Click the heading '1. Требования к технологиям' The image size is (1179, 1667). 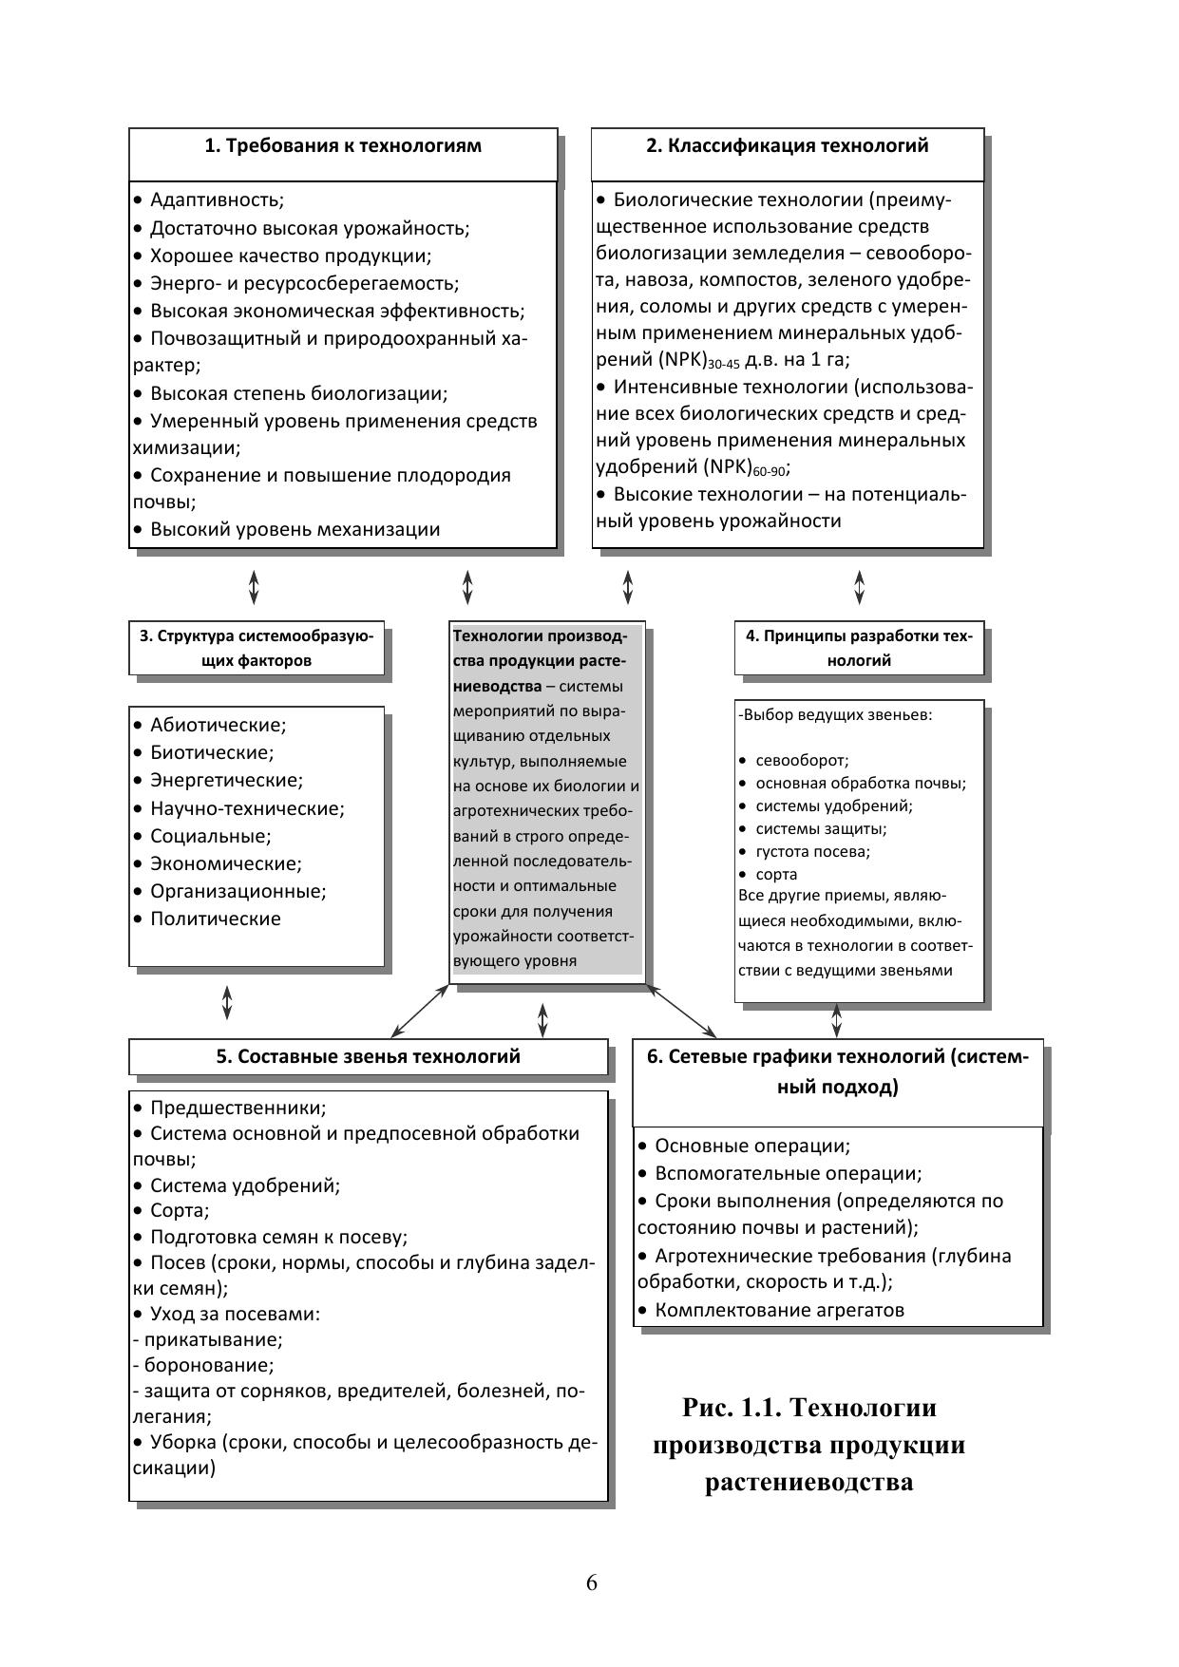pos(343,146)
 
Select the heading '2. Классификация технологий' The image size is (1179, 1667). pos(788,146)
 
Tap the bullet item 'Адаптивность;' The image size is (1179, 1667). pos(217,200)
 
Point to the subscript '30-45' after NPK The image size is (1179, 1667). pos(724,365)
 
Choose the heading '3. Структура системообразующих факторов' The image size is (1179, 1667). pos(257,648)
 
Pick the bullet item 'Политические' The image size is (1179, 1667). pos(215,919)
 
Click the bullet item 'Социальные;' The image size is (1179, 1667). pos(210,837)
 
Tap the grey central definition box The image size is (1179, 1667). pos(546,798)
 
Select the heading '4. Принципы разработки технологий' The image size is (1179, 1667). pos(859,648)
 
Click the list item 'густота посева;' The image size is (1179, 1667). pos(812,852)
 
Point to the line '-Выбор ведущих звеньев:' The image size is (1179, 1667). pos(835,715)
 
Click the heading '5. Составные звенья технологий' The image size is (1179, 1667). pos(368,1056)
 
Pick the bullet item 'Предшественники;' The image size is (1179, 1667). pos(238,1108)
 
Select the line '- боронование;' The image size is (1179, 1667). pos(203,1366)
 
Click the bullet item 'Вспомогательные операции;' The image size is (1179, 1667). pos(788,1174)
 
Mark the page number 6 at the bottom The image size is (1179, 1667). pos(591,1582)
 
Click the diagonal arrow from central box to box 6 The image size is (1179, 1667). pos(681,1011)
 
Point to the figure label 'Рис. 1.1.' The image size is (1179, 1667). pos(727,1407)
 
